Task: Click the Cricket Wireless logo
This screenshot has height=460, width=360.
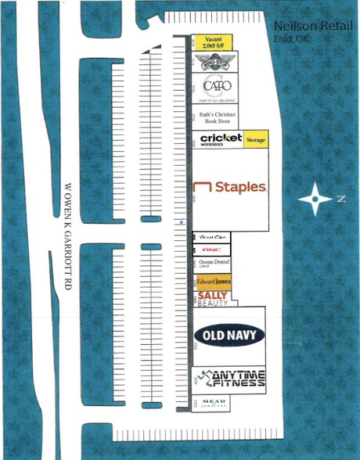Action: [x=221, y=139]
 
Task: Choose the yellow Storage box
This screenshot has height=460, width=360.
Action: [x=256, y=139]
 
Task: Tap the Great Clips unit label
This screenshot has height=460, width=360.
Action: [x=213, y=236]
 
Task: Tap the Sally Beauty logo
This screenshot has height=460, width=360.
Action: [x=213, y=298]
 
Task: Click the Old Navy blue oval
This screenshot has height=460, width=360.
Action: [x=229, y=335]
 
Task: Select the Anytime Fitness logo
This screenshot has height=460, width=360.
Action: [x=232, y=379]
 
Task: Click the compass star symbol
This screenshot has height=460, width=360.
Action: [x=315, y=199]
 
